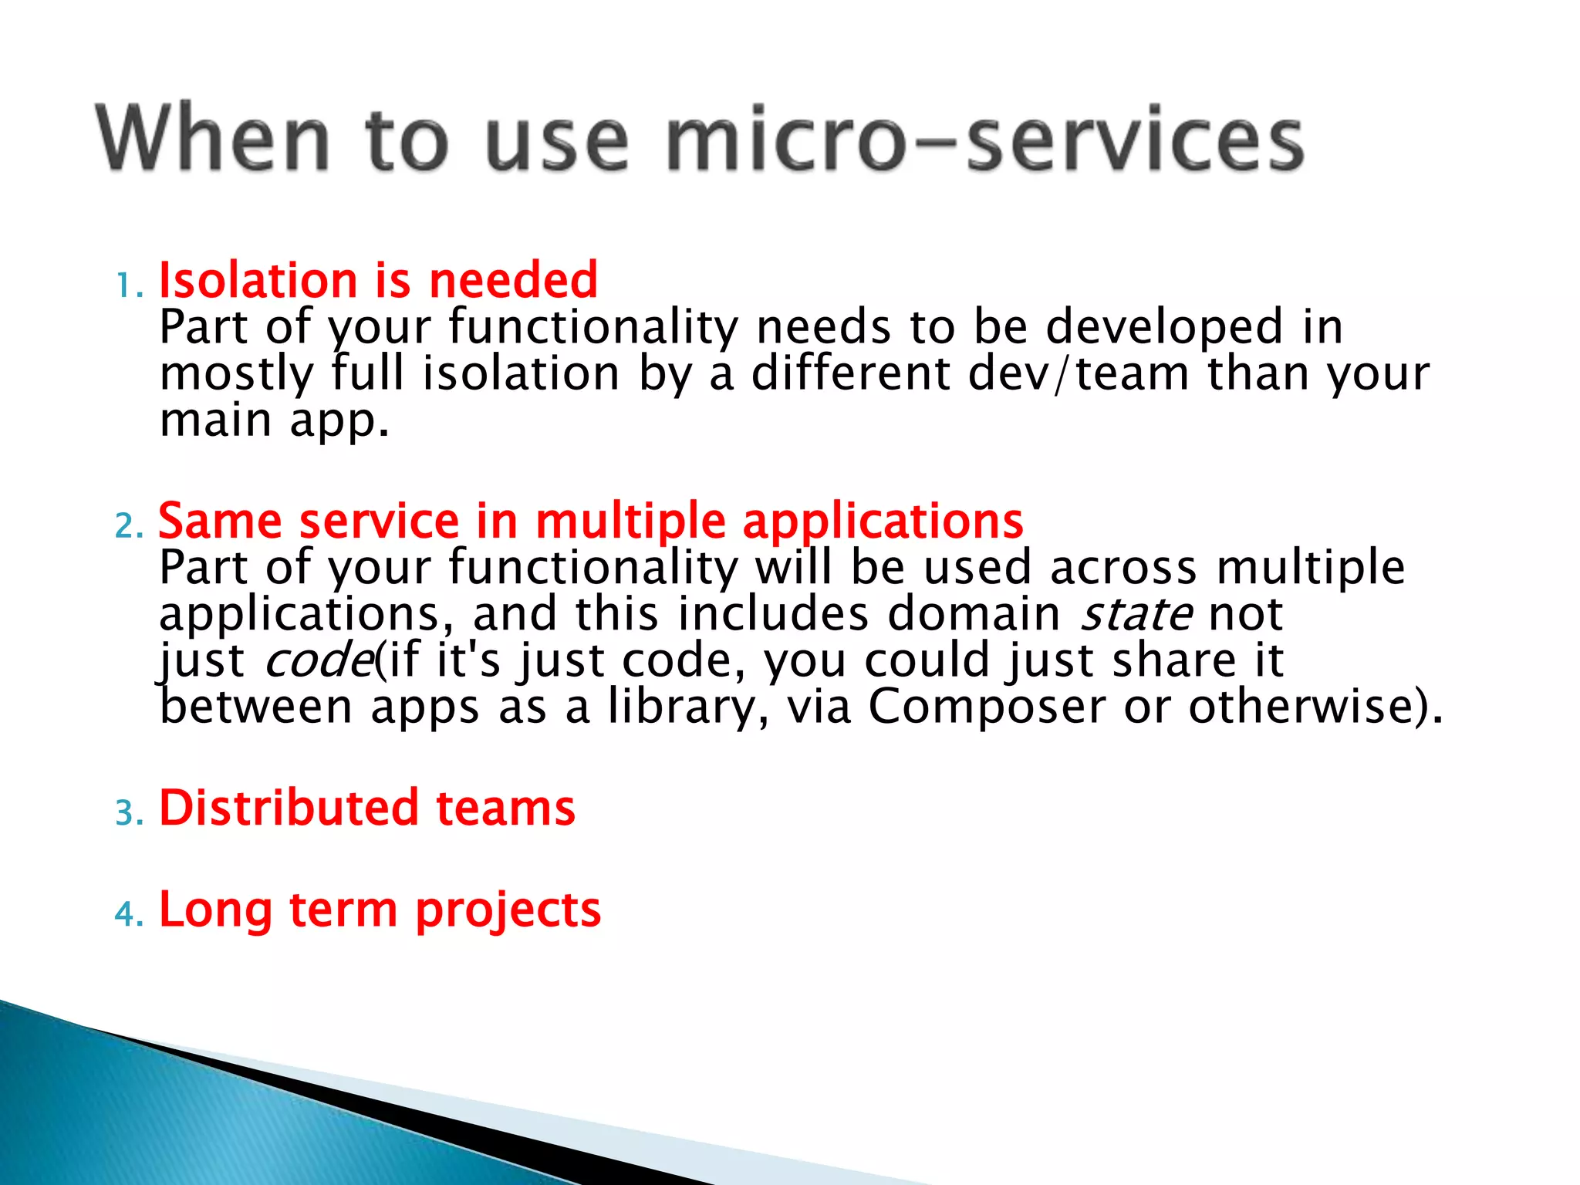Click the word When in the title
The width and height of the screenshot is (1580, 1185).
point(213,139)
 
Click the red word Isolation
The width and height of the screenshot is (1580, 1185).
point(258,280)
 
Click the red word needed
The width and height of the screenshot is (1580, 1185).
point(513,280)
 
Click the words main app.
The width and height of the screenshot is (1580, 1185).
point(274,421)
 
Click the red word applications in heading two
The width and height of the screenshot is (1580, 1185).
point(883,522)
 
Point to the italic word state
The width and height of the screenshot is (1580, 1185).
point(1136,614)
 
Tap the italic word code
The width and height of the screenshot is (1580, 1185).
point(319,661)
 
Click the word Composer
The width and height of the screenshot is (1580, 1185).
point(987,707)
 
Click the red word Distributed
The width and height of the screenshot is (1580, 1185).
point(289,808)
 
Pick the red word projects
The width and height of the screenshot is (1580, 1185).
point(508,910)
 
